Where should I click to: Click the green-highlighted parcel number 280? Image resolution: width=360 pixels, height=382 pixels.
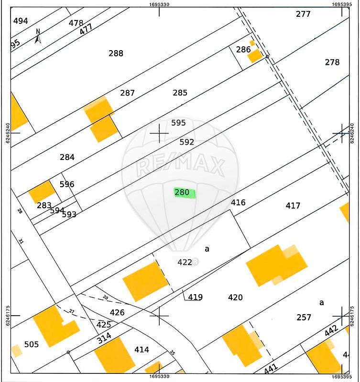[x=183, y=192]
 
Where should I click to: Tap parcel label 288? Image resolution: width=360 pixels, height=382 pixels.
[x=116, y=53]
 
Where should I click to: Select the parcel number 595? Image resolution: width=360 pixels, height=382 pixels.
[x=178, y=123]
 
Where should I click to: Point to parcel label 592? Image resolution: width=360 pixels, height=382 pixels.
[x=186, y=142]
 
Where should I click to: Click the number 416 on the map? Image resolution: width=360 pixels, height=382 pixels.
[x=238, y=202]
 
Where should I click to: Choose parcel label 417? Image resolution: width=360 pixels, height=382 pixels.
[x=293, y=205]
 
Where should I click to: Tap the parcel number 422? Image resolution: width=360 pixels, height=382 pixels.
[x=185, y=262]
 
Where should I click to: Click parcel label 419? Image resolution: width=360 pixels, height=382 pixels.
[x=195, y=297]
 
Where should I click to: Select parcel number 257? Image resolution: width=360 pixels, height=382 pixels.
[x=304, y=317]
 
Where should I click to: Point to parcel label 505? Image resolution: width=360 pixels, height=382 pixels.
[x=32, y=344]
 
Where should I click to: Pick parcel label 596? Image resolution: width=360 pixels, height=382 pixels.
[x=67, y=184]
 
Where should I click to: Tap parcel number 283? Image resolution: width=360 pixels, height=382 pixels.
[x=44, y=205]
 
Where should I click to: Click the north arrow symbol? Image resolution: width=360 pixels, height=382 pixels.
[x=38, y=36]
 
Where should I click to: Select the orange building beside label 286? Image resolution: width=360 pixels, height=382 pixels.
[x=255, y=55]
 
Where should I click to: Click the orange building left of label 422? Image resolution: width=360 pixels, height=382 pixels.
[x=145, y=281]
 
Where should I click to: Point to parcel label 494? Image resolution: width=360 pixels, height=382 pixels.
[x=21, y=21]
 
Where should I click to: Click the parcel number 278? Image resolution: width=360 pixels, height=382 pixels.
[x=332, y=62]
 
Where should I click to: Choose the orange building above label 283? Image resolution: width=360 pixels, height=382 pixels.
[x=42, y=191]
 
